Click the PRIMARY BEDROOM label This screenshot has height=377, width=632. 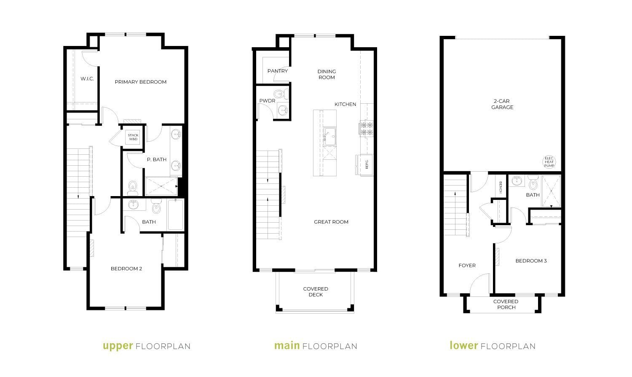[x=140, y=82]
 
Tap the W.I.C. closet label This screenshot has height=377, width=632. [x=87, y=79]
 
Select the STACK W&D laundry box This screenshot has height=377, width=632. [x=133, y=137]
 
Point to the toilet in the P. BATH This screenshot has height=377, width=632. [x=132, y=188]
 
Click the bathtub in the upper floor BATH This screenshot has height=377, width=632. [x=176, y=215]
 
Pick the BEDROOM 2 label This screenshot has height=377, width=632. [x=126, y=269]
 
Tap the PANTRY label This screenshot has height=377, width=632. [x=278, y=71]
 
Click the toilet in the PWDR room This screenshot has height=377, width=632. [x=281, y=94]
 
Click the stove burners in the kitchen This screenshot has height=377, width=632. [x=366, y=128]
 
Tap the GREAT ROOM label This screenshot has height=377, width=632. [x=331, y=222]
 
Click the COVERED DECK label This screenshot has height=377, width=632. [x=316, y=292]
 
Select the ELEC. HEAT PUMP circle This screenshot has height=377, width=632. [x=549, y=162]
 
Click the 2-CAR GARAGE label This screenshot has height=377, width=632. [x=502, y=104]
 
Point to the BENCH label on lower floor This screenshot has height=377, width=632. [x=501, y=188]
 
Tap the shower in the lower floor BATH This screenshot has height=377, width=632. [x=551, y=191]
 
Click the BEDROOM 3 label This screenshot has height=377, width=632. [x=531, y=261]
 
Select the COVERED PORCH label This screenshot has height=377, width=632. [x=506, y=304]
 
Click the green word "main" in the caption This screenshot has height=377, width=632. [x=287, y=345]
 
